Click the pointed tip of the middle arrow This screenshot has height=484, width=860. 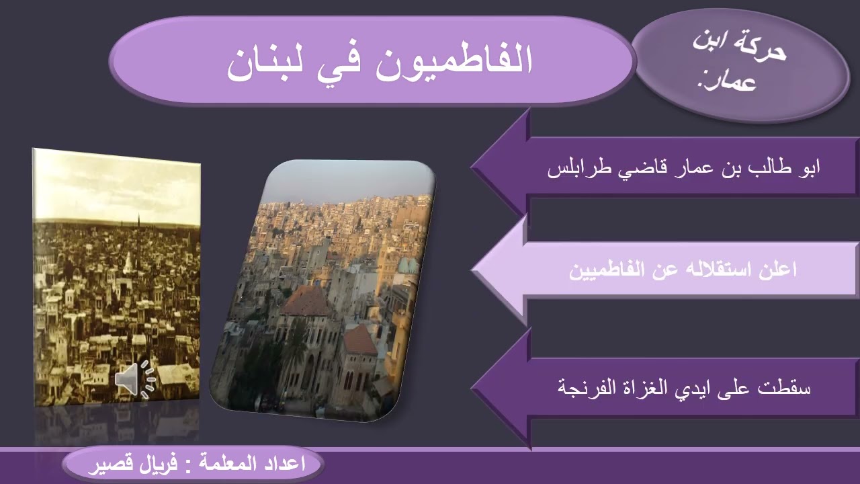tap(474, 270)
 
